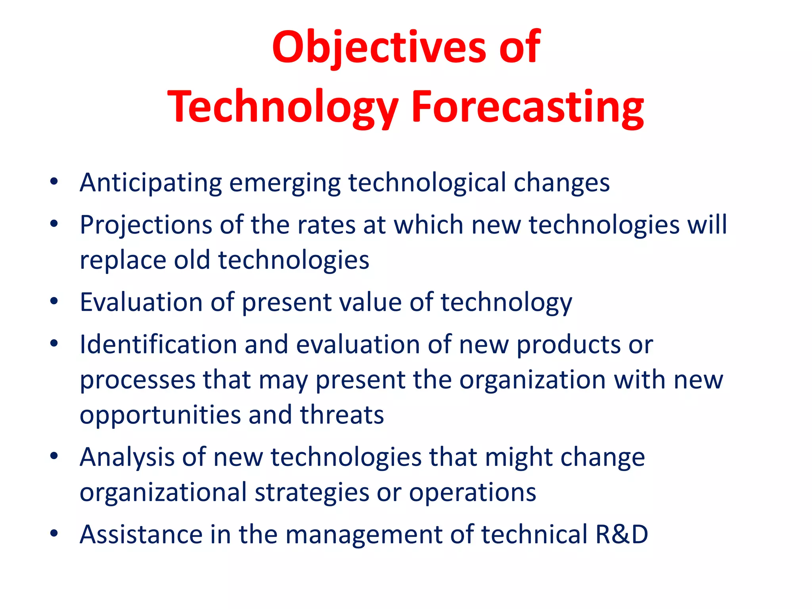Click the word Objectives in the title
pyautogui.click(x=379, y=48)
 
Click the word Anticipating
pyautogui.click(x=151, y=183)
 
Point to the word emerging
pyautogui.click(x=285, y=183)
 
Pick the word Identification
pyautogui.click(x=158, y=344)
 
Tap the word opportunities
pyautogui.click(x=160, y=416)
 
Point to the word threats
pyautogui.click(x=342, y=415)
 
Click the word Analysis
pyautogui.click(x=127, y=457)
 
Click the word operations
pyautogui.click(x=472, y=493)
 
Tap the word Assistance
pyautogui.click(x=141, y=534)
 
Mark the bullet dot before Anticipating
pyautogui.click(x=54, y=182)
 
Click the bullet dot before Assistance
pyautogui.click(x=54, y=533)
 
